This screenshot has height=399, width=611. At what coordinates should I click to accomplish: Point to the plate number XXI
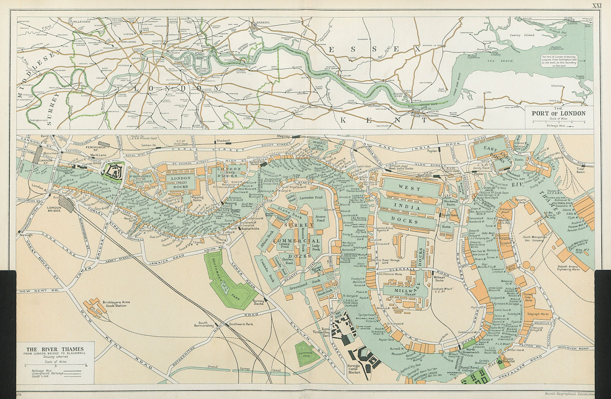pos(596,5)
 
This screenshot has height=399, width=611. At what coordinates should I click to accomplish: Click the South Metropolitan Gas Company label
pos(533,238)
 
